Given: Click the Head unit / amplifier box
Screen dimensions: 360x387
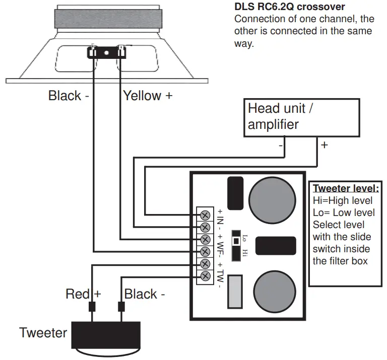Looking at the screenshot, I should click(302, 117).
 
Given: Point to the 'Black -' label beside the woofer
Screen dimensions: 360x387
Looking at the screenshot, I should click(69, 95).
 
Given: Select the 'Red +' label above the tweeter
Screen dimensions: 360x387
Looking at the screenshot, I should click(83, 294).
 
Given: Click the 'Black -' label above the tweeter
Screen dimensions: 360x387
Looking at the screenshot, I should click(145, 294).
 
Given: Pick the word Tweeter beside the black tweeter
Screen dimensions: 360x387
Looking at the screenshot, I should click(43, 332).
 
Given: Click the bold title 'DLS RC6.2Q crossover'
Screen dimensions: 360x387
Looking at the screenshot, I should click(290, 8).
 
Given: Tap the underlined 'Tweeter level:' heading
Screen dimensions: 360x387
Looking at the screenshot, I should click(346, 189).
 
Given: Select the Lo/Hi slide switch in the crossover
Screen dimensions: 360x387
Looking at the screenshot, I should click(235, 245).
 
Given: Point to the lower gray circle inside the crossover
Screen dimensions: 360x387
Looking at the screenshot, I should click(274, 292).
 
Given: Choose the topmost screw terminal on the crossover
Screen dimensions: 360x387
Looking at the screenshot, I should click(205, 215).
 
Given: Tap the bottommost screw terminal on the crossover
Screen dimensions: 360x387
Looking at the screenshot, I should click(205, 276).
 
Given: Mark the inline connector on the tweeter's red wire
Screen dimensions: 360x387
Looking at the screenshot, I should click(92, 306).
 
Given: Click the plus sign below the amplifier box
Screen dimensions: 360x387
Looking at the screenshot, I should click(325, 145).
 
